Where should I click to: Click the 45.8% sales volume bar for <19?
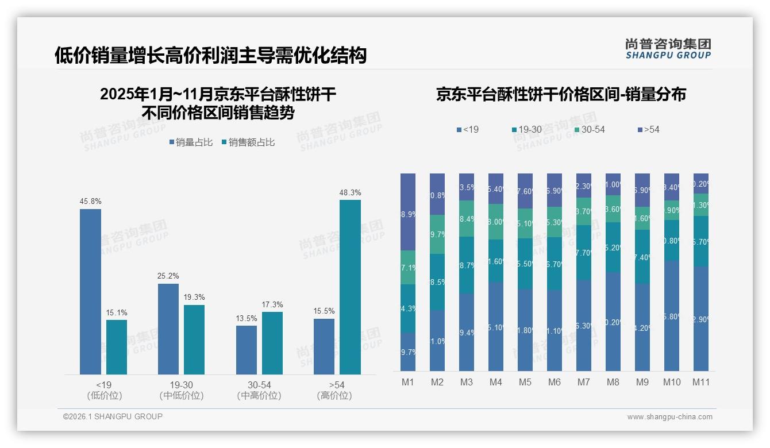pyautogui.click(x=90, y=292)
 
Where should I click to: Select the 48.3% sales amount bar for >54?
pyautogui.click(x=350, y=287)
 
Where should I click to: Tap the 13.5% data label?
pyautogui.click(x=247, y=319)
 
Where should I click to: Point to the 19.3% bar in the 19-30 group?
pyautogui.click(x=194, y=339)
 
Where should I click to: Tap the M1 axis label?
pyautogui.click(x=408, y=382)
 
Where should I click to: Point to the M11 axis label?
pyautogui.click(x=700, y=382)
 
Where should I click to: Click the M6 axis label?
pyautogui.click(x=555, y=382)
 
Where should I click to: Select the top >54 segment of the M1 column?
pyautogui.click(x=408, y=212)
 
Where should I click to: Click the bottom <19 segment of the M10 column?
pyautogui.click(x=671, y=315)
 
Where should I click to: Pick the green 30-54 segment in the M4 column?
pyautogui.click(x=496, y=222)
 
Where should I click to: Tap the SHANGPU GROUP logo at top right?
pyautogui.click(x=668, y=49)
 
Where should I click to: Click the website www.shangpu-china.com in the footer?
pyautogui.click(x=669, y=417)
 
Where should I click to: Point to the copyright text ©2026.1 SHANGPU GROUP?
pyautogui.click(x=113, y=416)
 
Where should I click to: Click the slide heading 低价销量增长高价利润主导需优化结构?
pyautogui.click(x=210, y=56)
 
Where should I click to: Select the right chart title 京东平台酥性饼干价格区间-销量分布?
pyautogui.click(x=561, y=95)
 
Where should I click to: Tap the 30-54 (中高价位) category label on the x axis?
pyautogui.click(x=259, y=390)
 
